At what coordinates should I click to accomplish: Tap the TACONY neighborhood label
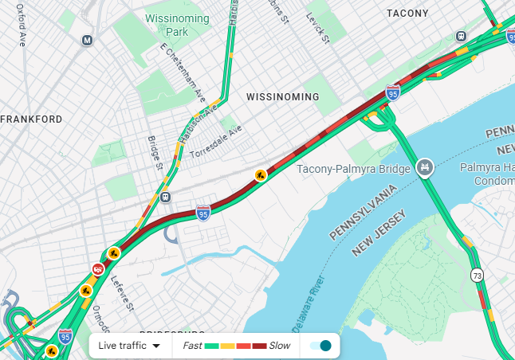407,14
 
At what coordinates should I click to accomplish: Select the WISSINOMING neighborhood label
282,97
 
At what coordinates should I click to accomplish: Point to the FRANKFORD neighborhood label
32,119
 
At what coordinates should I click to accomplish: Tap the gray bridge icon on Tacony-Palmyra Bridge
427,166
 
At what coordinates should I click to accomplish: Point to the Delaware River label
306,306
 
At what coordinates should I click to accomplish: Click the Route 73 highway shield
477,276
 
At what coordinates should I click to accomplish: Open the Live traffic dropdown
129,346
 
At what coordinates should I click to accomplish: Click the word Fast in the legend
192,346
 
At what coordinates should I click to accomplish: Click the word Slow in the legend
279,346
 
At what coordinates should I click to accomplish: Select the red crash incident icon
97,269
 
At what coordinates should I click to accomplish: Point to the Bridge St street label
155,152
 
